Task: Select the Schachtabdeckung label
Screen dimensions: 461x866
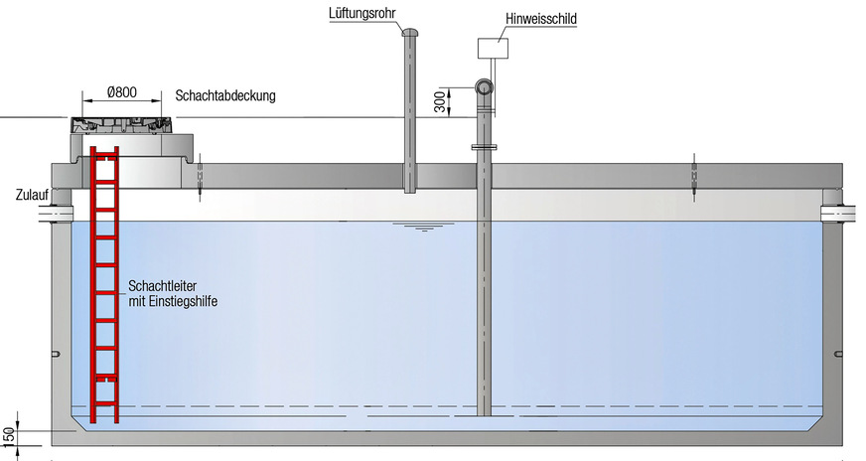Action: pyautogui.click(x=224, y=96)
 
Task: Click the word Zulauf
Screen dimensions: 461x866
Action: pyautogui.click(x=31, y=195)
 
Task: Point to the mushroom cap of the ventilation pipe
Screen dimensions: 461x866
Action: pyautogui.click(x=409, y=32)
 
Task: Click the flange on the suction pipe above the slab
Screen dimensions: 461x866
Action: pyautogui.click(x=485, y=148)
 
